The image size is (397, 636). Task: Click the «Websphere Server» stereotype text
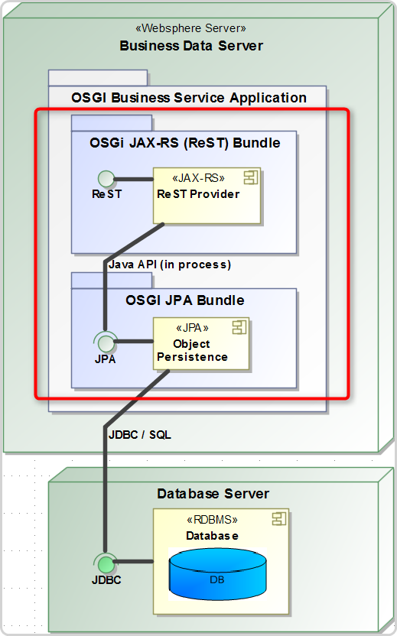click(190, 28)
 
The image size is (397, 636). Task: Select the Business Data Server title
click(191, 45)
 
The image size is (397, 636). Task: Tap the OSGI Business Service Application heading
click(189, 98)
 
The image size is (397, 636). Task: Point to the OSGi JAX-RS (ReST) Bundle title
click(184, 143)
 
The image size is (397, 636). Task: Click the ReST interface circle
click(106, 178)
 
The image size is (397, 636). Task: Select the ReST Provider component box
click(207, 196)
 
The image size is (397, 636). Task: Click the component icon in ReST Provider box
click(250, 177)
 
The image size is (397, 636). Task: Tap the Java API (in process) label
click(170, 264)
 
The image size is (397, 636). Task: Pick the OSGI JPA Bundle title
click(184, 300)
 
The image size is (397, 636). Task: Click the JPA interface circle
click(106, 343)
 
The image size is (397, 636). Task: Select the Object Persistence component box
click(201, 343)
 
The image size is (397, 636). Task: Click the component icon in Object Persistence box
click(239, 327)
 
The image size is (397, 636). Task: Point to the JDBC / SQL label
click(140, 435)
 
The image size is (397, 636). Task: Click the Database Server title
click(213, 494)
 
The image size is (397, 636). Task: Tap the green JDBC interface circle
click(106, 565)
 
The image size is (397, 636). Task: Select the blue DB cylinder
click(217, 574)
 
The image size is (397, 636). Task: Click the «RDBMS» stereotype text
click(212, 520)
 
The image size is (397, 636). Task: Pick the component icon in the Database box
click(279, 518)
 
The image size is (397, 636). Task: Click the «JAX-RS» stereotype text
click(199, 178)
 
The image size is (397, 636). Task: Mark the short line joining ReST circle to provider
click(134, 179)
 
